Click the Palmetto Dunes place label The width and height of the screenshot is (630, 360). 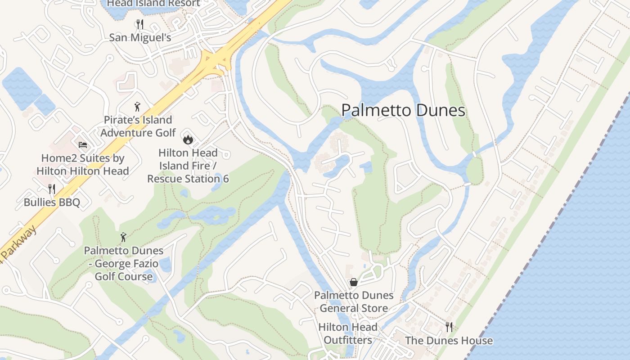click(x=403, y=110)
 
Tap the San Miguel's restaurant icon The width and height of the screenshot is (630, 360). click(x=140, y=24)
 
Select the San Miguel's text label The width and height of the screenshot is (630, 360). click(x=140, y=37)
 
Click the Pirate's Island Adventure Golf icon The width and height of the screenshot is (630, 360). click(x=138, y=107)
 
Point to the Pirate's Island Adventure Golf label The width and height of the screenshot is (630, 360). click(x=138, y=126)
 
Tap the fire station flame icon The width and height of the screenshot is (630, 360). click(x=188, y=139)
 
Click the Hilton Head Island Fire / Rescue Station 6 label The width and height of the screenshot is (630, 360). click(x=188, y=166)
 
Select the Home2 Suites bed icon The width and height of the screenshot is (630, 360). click(x=83, y=145)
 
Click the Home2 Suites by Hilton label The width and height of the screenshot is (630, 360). click(x=83, y=165)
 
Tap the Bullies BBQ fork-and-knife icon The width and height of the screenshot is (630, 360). click(x=52, y=189)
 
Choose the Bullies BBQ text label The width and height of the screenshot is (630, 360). click(x=52, y=202)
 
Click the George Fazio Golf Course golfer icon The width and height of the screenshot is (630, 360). click(x=123, y=237)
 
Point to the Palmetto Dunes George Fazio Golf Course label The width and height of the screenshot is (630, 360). click(x=124, y=263)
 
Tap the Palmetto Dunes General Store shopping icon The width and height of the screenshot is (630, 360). click(x=354, y=282)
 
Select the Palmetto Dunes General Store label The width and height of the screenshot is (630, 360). click(x=354, y=302)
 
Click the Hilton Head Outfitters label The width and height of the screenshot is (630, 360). click(x=348, y=333)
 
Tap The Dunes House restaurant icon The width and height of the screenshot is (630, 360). click(x=449, y=327)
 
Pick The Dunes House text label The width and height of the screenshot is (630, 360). click(x=449, y=341)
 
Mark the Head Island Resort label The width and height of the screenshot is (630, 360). click(x=153, y=4)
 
